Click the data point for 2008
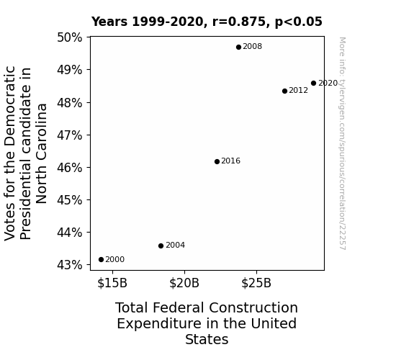click(238, 48)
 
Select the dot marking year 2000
click(101, 260)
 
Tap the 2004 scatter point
click(161, 246)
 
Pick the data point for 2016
click(217, 162)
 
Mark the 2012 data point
click(284, 91)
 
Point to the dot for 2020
click(313, 84)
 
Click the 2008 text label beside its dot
click(253, 47)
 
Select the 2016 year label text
click(231, 161)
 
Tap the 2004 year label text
click(175, 245)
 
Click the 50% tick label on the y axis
click(70, 37)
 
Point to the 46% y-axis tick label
click(70, 168)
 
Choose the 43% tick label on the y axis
click(70, 265)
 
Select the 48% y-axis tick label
click(70, 103)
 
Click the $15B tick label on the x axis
click(112, 283)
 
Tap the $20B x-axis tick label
click(184, 283)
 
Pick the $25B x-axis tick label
click(256, 283)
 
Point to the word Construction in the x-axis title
click(253, 307)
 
